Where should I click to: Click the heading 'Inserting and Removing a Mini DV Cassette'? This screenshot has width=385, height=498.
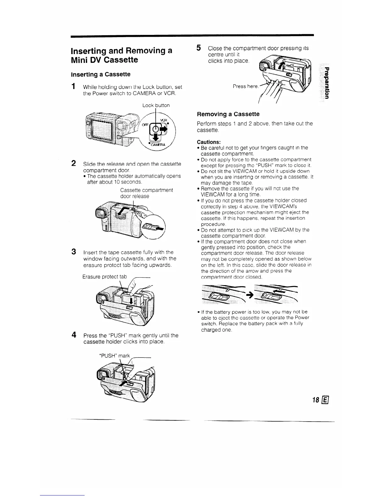121,55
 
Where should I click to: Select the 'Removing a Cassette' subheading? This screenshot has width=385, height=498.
228,114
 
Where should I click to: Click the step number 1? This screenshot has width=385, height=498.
73,86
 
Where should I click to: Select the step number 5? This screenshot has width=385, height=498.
198,48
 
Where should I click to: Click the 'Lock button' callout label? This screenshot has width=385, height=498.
156,105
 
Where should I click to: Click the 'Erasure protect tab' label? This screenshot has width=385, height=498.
104,277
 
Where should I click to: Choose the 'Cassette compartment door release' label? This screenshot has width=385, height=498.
146,193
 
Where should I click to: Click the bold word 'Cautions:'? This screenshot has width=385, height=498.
209,142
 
